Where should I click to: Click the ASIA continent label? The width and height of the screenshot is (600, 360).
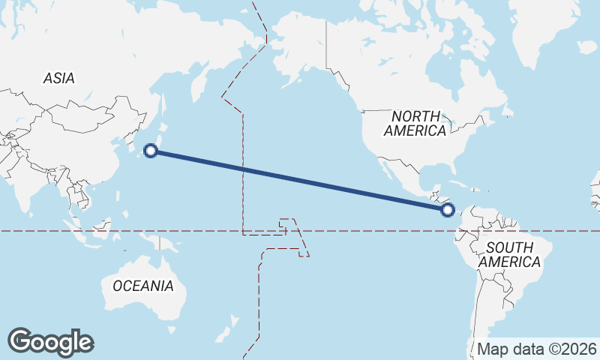(x=58, y=78)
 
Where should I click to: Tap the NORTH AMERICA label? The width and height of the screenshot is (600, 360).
(x=415, y=123)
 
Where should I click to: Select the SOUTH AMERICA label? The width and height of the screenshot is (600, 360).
(x=509, y=255)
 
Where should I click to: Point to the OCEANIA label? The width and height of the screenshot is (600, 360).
(x=143, y=286)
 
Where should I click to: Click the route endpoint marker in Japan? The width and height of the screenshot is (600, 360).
(x=151, y=151)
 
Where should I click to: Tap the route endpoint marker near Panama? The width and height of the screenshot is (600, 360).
(x=448, y=211)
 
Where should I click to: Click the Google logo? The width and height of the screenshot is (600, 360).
(x=50, y=341)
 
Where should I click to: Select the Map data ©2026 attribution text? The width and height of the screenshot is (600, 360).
(x=537, y=349)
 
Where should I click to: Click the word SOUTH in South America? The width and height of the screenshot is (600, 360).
(x=509, y=247)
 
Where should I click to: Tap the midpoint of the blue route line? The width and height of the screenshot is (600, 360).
(x=299, y=181)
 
